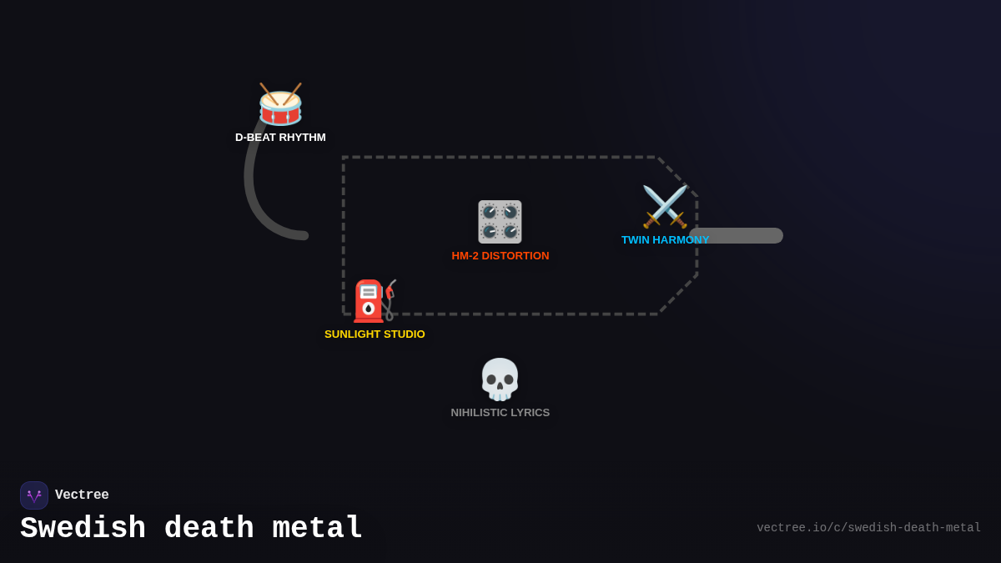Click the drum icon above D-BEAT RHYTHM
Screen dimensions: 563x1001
tap(280, 105)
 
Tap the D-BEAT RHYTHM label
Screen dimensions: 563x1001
tap(280, 138)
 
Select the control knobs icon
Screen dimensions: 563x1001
tap(500, 222)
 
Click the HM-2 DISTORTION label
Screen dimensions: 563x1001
tap(500, 256)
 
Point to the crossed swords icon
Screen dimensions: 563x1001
tap(665, 207)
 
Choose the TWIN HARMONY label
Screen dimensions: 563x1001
tap(665, 240)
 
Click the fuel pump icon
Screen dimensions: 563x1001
tap(374, 301)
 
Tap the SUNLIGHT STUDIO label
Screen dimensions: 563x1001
tap(375, 334)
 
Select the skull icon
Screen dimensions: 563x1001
tap(500, 380)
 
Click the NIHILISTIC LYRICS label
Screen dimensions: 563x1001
tap(500, 413)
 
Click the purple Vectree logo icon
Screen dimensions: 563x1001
tap(34, 495)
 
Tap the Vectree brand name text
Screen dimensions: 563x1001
tap(82, 495)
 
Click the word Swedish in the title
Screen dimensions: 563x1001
tap(83, 529)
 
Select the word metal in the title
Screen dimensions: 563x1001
tap(317, 529)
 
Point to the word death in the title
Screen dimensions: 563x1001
tap(209, 529)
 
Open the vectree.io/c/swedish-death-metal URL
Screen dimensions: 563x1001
tap(868, 528)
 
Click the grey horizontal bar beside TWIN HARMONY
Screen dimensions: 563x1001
tap(747, 236)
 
